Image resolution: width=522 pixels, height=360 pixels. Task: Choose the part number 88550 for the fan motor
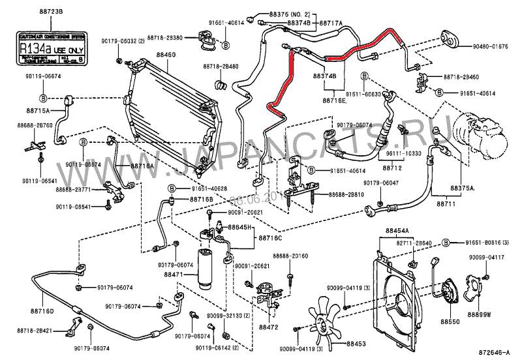coord(450,322)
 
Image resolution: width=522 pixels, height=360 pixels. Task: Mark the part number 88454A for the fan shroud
coord(396,231)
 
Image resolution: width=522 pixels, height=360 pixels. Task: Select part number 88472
coord(268,326)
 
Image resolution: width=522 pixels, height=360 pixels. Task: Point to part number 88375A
coord(461,187)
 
